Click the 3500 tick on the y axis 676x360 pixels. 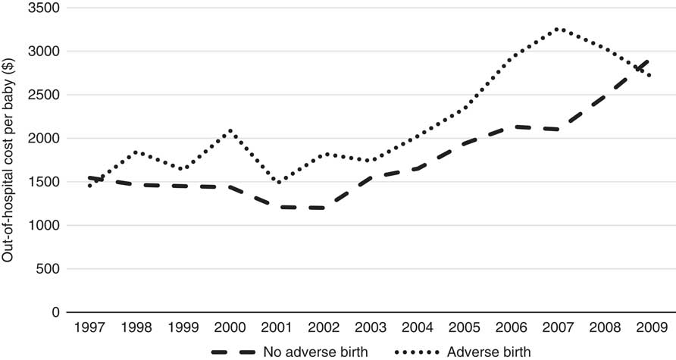tap(46, 8)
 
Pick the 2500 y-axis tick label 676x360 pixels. tap(46, 95)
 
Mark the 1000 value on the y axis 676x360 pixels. tap(46, 226)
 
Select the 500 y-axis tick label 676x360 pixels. tap(50, 269)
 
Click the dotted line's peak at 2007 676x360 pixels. tap(558, 29)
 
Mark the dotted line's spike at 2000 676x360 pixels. tap(230, 130)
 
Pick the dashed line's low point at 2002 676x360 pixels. tap(324, 208)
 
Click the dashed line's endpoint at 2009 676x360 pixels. tap(649, 58)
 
